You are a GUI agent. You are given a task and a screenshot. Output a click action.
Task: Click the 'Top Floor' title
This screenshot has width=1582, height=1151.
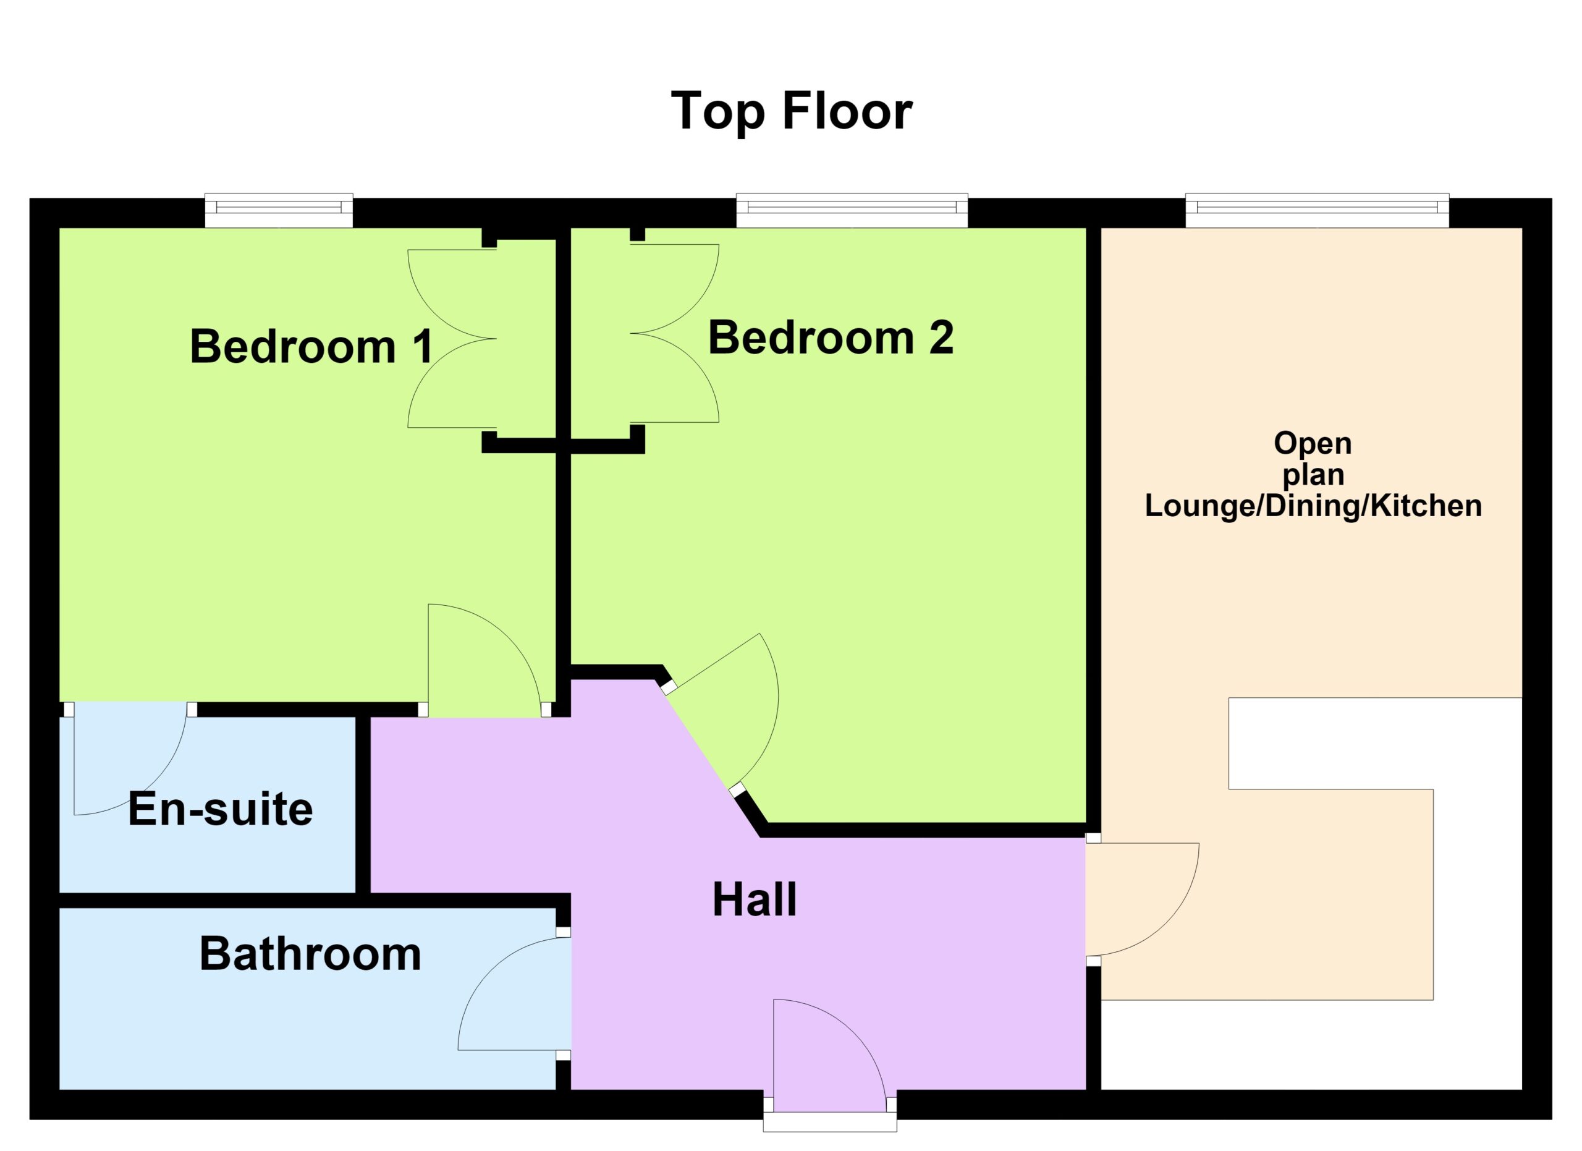[791, 112]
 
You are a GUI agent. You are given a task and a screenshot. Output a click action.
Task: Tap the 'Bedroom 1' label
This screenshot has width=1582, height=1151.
[311, 346]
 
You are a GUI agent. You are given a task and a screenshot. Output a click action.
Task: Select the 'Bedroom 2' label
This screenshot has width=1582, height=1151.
[831, 338]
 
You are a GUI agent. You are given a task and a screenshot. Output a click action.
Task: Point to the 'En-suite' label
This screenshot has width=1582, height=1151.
[221, 809]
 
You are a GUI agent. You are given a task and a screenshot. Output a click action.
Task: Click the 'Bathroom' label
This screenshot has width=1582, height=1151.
[310, 954]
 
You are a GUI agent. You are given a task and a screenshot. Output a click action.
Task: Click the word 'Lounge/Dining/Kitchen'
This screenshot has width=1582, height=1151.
[1313, 506]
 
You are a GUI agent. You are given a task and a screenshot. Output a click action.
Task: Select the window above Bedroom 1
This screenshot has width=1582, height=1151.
[279, 210]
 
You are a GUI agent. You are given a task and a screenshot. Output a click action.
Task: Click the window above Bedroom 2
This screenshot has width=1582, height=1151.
[852, 210]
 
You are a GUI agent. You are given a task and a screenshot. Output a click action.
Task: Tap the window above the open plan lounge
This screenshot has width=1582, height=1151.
[1317, 210]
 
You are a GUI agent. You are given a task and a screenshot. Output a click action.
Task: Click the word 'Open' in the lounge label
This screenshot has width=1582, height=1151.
[1313, 443]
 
